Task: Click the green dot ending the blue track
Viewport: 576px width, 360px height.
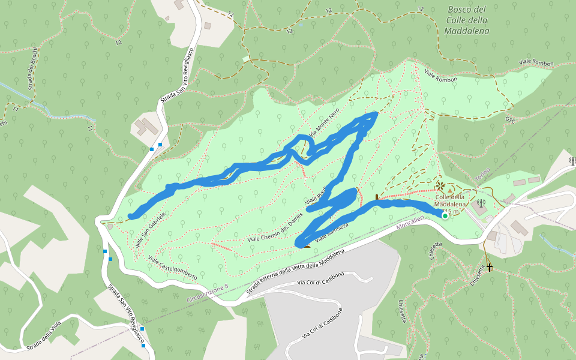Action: click(445, 215)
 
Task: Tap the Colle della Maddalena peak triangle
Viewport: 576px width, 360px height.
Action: click(450, 190)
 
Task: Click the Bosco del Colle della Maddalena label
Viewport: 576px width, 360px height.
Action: click(467, 20)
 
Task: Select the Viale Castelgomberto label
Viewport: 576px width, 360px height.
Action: click(172, 268)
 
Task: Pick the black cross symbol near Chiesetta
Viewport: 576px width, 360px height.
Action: click(490, 267)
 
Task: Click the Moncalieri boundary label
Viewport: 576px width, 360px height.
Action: click(415, 226)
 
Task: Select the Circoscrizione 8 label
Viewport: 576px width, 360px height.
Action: click(208, 293)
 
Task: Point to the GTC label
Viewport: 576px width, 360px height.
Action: click(511, 120)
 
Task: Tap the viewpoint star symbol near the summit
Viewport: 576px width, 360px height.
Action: click(439, 186)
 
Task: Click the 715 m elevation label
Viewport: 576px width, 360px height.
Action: click(451, 211)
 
